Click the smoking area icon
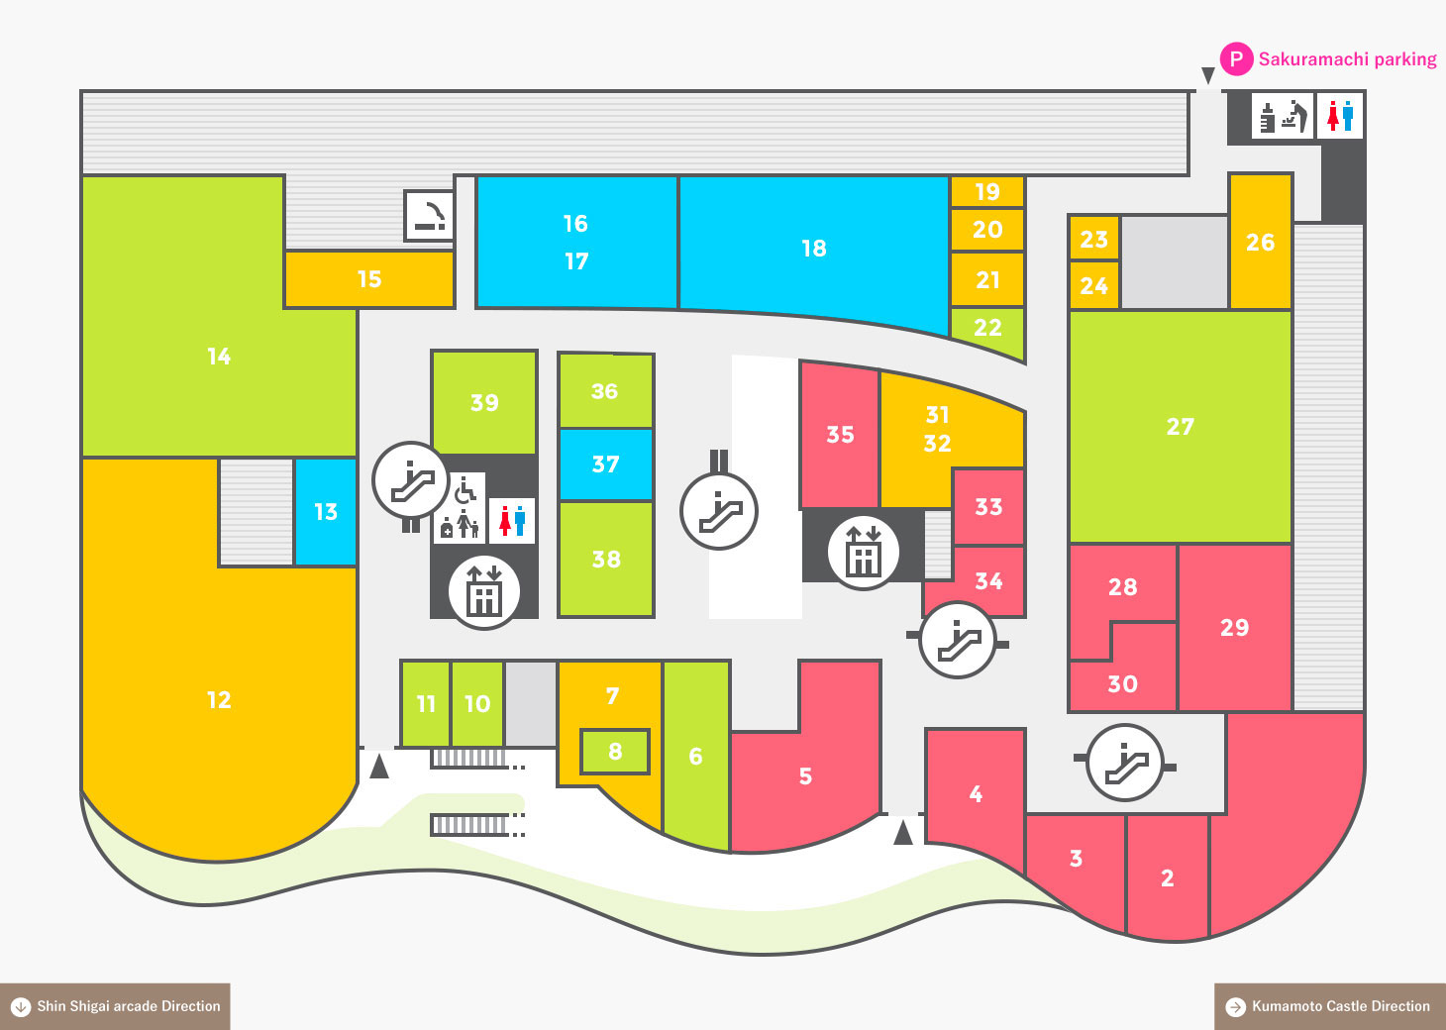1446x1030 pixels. (429, 216)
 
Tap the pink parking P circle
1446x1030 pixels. (1236, 59)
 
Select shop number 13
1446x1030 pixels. (325, 512)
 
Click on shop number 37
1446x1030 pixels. (605, 464)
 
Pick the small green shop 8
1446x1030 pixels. (614, 751)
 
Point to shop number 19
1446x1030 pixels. (987, 192)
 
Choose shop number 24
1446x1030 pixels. (1093, 285)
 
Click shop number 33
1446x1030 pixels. (988, 507)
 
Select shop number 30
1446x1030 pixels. (1122, 684)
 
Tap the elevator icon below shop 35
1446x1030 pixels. (863, 553)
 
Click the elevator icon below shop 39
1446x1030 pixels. (483, 592)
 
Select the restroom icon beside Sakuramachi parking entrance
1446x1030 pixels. (1339, 117)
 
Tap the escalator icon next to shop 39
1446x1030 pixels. (411, 480)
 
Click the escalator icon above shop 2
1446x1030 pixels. (1124, 763)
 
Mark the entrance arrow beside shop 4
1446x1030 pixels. (903, 832)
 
